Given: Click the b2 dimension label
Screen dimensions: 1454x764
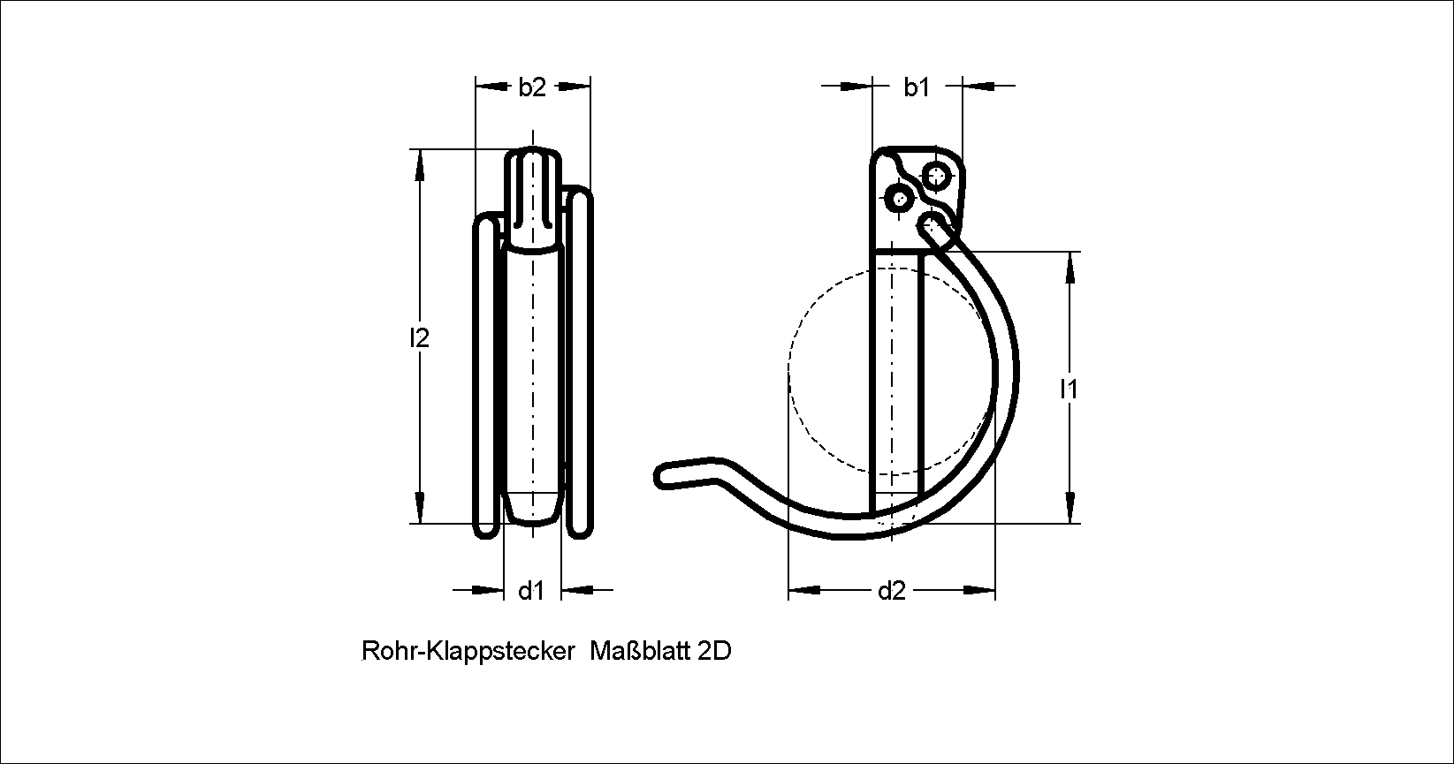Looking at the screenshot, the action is coord(531,87).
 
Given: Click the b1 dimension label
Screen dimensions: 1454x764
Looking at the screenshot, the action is coord(917,87).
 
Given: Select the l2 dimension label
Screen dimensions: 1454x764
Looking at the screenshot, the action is coord(419,338).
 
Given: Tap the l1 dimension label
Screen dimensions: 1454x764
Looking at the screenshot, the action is coord(1069,390).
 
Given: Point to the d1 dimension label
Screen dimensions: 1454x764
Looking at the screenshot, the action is coord(531,591).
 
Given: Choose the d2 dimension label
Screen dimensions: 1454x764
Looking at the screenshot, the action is coord(891,591).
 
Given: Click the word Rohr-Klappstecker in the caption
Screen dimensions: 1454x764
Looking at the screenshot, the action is coord(468,651).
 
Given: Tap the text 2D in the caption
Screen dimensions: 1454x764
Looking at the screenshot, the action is coord(714,651).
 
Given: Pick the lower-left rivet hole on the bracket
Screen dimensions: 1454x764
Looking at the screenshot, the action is coord(900,199).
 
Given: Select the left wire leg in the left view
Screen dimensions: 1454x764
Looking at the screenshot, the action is coord(486,377).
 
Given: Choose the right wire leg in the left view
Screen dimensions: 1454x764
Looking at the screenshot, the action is coord(579,363).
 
